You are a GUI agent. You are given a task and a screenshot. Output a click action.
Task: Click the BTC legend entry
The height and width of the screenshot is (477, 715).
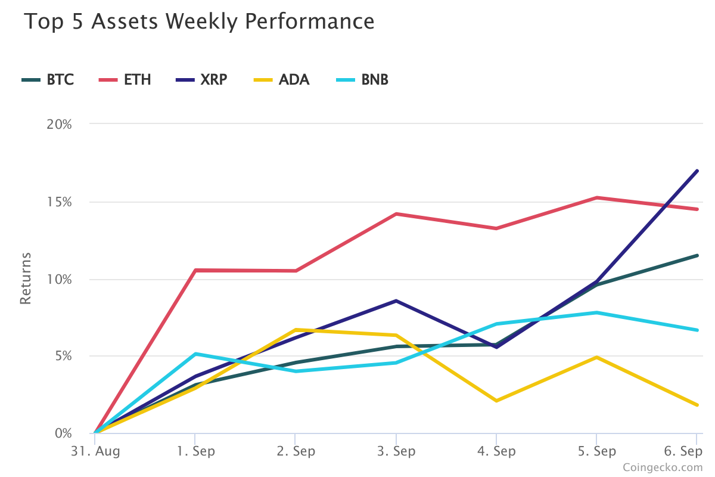point(48,79)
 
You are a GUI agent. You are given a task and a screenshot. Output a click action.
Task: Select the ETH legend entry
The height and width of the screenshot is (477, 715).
point(125,79)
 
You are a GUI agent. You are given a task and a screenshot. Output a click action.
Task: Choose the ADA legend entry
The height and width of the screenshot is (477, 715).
point(281,79)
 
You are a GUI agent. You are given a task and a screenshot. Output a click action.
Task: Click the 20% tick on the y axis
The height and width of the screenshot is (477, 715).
point(59,124)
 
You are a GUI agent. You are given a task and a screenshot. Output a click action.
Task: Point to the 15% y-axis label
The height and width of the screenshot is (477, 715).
point(59,202)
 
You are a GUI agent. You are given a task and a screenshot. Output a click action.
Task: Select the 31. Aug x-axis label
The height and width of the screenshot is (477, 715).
point(95,451)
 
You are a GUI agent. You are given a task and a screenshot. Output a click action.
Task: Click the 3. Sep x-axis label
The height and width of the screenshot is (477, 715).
point(396,451)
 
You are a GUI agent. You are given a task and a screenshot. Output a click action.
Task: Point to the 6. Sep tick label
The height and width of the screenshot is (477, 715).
point(683,451)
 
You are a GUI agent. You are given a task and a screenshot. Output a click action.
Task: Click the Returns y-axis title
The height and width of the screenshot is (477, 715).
point(25,278)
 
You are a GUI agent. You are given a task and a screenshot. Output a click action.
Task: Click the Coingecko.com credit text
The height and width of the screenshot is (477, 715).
point(663,467)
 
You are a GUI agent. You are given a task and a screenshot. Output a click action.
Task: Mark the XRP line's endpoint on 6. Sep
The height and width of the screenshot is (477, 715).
point(697,171)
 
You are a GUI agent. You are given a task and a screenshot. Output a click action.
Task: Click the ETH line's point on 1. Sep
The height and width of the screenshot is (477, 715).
point(195,270)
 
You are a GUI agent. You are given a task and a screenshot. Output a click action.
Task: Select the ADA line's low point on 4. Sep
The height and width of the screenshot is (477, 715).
point(496,401)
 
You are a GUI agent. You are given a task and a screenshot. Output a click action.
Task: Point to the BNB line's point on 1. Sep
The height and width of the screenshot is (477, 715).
point(195,354)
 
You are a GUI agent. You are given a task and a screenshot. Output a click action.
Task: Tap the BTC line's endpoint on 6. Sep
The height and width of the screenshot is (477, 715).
point(697,255)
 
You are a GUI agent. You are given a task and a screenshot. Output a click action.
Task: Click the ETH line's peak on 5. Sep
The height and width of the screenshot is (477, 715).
point(596,197)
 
